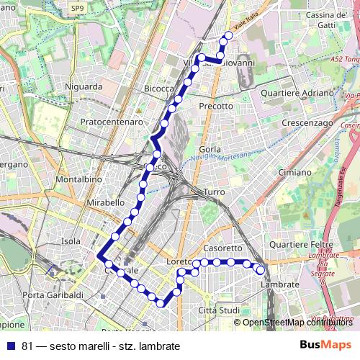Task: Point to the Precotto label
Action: (x=216, y=106)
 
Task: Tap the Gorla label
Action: (x=210, y=149)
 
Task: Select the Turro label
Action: (x=215, y=192)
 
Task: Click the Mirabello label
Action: (x=106, y=203)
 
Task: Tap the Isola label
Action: (x=71, y=241)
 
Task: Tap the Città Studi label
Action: (x=218, y=310)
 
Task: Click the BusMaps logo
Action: (x=326, y=344)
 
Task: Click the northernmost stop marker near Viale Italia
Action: (x=229, y=35)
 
